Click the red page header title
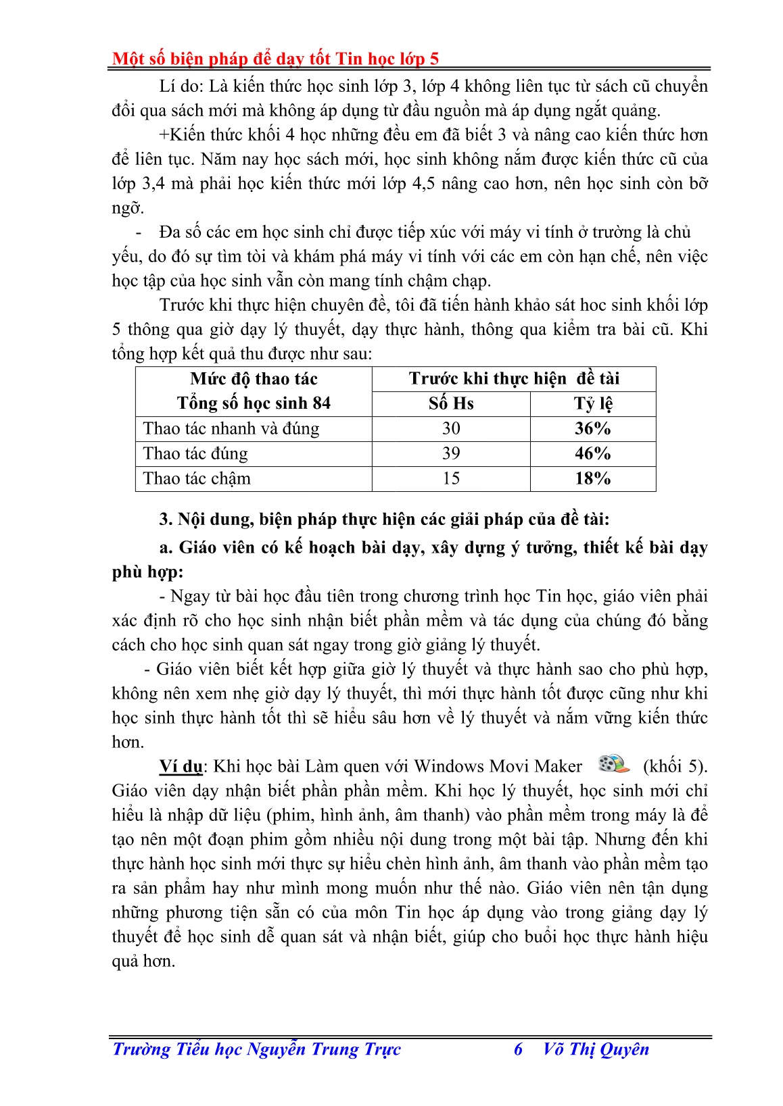click(275, 59)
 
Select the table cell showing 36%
click(592, 429)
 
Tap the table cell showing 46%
click(592, 453)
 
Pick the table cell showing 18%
click(592, 478)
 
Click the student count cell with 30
click(451, 429)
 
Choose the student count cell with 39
click(451, 453)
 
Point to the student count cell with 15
click(451, 478)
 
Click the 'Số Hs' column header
click(451, 403)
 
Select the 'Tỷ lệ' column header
click(592, 403)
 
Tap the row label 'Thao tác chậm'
click(197, 478)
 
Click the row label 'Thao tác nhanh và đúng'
click(231, 429)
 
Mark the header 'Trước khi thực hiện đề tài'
click(514, 378)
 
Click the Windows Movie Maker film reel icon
click(613, 763)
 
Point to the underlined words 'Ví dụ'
click(181, 766)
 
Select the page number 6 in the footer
click(518, 1049)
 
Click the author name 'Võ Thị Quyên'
click(596, 1049)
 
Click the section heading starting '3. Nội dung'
click(384, 519)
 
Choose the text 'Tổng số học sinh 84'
click(254, 403)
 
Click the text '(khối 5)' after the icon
click(674, 766)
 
